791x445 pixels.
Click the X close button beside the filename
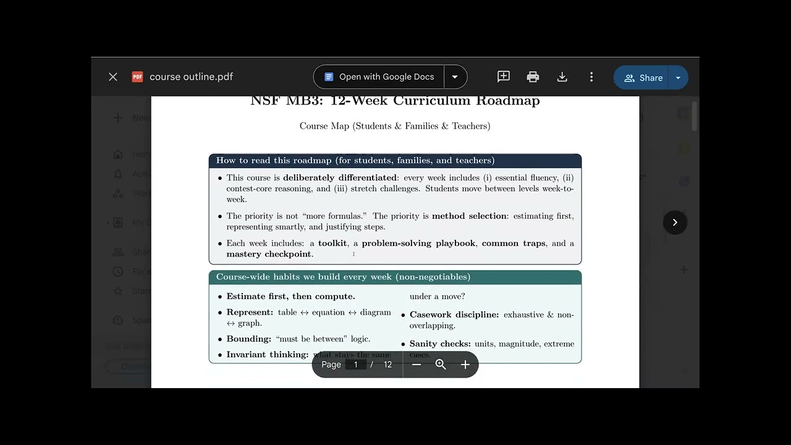pyautogui.click(x=112, y=77)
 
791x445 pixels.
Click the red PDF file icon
pyautogui.click(x=137, y=77)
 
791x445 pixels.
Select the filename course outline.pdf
pyautogui.click(x=191, y=77)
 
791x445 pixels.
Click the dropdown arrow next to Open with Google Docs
pyautogui.click(x=455, y=77)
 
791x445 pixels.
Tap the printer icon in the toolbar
pyautogui.click(x=533, y=77)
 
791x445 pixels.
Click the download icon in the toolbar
pyautogui.click(x=562, y=77)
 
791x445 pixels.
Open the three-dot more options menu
pyautogui.click(x=591, y=77)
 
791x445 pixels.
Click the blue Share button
pyautogui.click(x=643, y=78)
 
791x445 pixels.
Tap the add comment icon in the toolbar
pyautogui.click(x=504, y=77)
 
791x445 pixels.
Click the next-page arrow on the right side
pyautogui.click(x=675, y=222)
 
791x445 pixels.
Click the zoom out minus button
pyautogui.click(x=417, y=365)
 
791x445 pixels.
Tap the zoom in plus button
pyautogui.click(x=465, y=365)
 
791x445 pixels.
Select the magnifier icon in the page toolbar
pyautogui.click(x=441, y=365)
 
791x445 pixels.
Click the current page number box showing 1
pyautogui.click(x=356, y=365)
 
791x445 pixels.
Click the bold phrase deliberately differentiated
pyautogui.click(x=340, y=178)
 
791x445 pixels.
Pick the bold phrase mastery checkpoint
pyautogui.click(x=269, y=254)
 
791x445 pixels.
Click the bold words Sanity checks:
pyautogui.click(x=440, y=344)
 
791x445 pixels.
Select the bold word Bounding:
pyautogui.click(x=249, y=339)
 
